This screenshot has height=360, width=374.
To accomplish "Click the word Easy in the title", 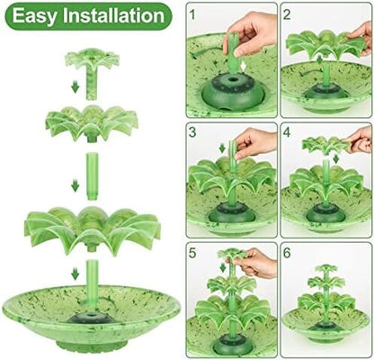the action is [34, 16].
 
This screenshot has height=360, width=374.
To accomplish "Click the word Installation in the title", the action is [113, 15].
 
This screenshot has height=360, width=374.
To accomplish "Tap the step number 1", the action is [192, 14].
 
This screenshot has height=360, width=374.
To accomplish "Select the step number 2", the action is [287, 14].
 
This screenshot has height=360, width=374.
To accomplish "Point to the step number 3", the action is [192, 132].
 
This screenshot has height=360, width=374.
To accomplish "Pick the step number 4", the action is [287, 132].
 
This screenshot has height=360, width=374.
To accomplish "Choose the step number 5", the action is [192, 253].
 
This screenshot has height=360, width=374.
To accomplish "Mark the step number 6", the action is [287, 253].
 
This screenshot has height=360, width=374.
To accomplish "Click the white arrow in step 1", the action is [245, 67].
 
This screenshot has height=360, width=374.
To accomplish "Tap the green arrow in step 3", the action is [222, 148].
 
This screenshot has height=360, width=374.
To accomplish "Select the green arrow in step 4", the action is [336, 158].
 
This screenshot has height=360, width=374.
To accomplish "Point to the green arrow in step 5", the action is [223, 267].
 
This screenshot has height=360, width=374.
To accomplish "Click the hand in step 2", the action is [361, 38].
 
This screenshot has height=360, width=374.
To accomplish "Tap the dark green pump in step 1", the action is [233, 92].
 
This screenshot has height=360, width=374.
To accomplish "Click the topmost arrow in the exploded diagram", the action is [76, 87].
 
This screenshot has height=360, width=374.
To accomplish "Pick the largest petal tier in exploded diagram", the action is [93, 229].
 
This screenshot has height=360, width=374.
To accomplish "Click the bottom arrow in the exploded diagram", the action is [76, 274].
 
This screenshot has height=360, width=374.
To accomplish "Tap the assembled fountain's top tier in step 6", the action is [325, 269].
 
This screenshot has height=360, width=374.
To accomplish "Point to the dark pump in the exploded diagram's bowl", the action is [92, 318].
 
